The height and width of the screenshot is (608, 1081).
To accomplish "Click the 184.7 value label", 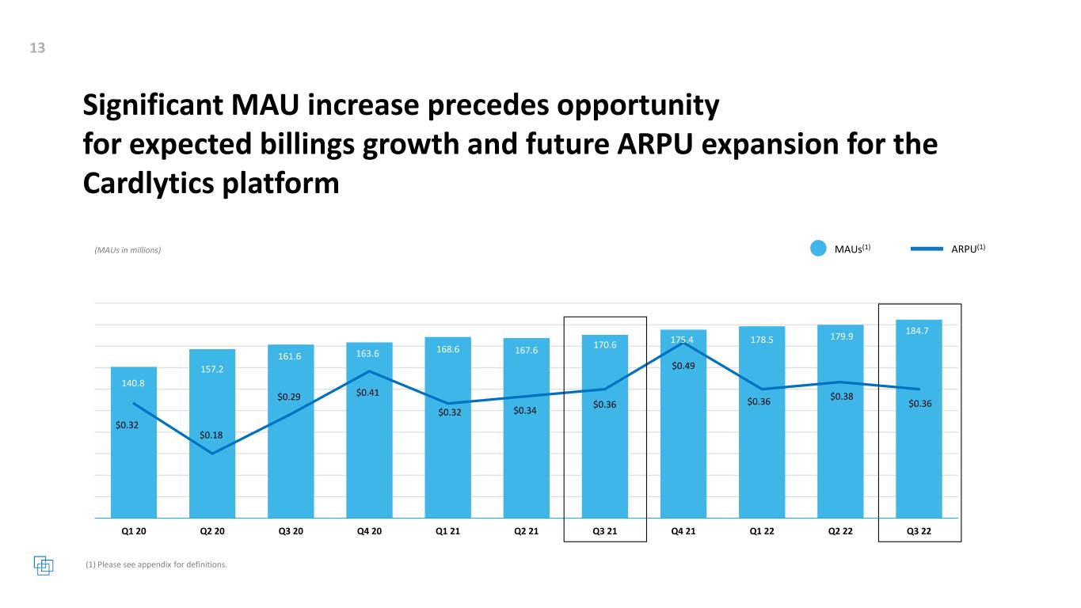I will [x=919, y=329].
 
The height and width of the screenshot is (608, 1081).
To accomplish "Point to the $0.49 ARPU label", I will [x=683, y=366].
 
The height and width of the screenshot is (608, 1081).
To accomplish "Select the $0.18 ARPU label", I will [x=211, y=435].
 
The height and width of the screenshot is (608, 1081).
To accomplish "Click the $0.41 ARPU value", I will [x=368, y=392].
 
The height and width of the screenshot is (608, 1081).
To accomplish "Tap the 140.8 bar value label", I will [x=133, y=382].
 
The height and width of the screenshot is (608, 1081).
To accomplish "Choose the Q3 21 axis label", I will [x=605, y=531].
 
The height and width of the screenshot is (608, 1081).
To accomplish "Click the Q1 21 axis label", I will [x=447, y=531].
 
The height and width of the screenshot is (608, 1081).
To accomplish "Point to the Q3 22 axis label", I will [x=919, y=531].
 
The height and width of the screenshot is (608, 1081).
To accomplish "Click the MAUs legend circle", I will [x=820, y=249].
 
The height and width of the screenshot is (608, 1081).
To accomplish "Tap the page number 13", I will [x=37, y=48].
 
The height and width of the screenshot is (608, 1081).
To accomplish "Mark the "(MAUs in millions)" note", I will [x=123, y=250].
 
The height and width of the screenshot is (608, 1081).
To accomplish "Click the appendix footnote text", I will [x=155, y=564].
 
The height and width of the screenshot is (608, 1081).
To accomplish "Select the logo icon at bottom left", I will [x=44, y=565].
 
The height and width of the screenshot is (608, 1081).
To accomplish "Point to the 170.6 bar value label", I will [x=605, y=344].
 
